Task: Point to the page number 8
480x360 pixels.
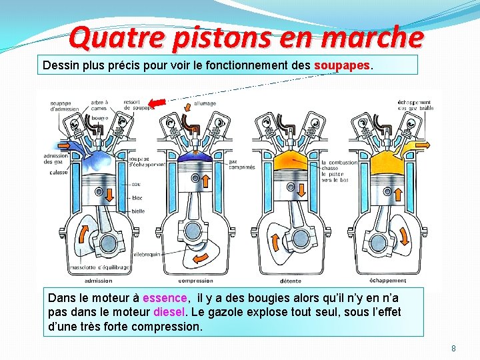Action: [453, 348]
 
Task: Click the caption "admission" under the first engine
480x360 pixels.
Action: [99, 281]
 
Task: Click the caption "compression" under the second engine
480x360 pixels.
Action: [196, 281]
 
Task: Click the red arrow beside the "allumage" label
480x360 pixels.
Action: [159, 103]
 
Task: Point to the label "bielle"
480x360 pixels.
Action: [138, 211]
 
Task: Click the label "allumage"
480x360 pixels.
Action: [205, 104]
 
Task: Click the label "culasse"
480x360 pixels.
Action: [58, 173]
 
